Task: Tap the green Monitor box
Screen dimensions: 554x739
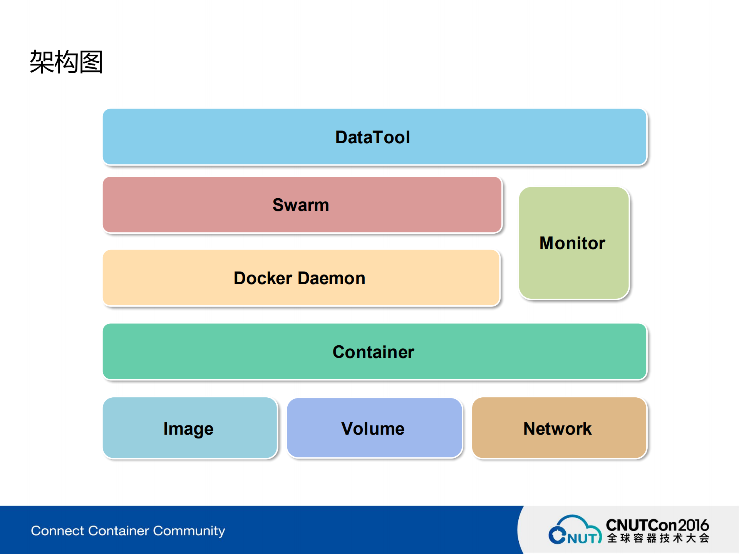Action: tap(573, 243)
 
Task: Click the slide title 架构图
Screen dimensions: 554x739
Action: tap(66, 62)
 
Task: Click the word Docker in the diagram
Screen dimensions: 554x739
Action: tap(263, 278)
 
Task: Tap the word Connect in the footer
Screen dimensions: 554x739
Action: tap(57, 531)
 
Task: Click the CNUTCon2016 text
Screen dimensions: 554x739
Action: tap(657, 525)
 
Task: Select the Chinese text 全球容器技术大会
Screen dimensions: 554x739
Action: tap(658, 538)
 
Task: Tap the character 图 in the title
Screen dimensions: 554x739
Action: tap(91, 62)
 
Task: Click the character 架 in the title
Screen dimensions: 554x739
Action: tap(42, 62)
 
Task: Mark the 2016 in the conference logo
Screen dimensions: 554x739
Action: tap(693, 525)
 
